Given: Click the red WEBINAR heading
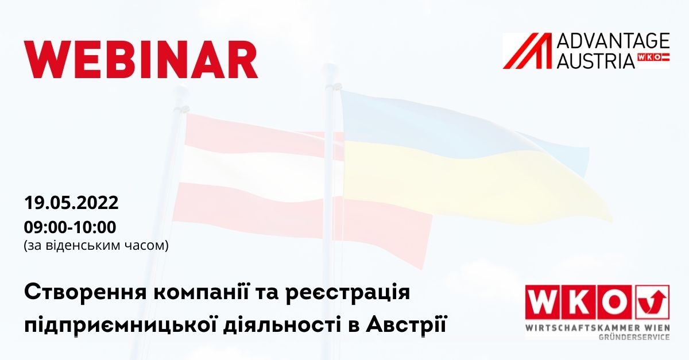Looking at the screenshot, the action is [x=141, y=59].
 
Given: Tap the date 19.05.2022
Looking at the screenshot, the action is [x=71, y=203].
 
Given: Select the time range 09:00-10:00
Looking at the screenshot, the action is [x=70, y=227].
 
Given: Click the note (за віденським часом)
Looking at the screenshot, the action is [x=96, y=246].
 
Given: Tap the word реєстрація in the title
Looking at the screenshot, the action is [x=348, y=293].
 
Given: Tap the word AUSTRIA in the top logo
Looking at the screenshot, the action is [x=596, y=61].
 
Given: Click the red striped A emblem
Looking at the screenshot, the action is [x=528, y=51].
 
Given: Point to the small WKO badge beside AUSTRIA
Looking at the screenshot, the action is [x=653, y=57].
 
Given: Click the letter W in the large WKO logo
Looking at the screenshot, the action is [x=543, y=302].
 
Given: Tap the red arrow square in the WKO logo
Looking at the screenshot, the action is [x=652, y=302].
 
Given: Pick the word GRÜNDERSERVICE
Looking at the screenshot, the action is [x=634, y=337].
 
